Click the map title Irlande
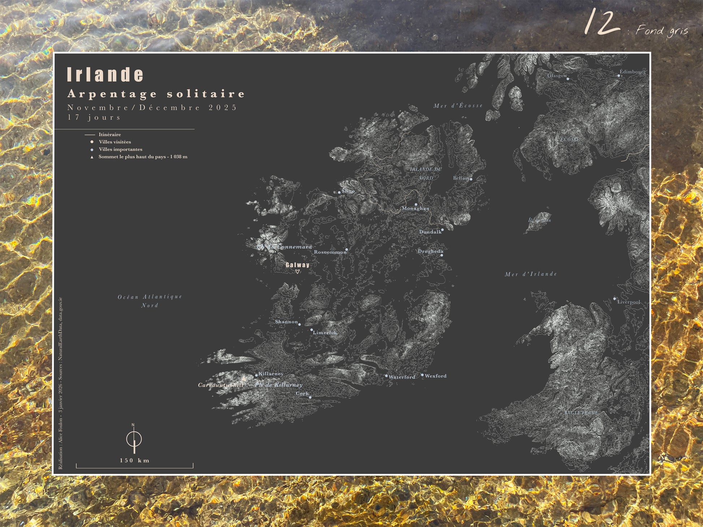(105, 74)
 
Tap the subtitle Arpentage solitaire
(156, 94)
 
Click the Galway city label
(297, 265)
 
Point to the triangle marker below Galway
(297, 272)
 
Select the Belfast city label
(461, 178)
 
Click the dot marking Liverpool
(614, 299)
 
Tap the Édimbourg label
(633, 71)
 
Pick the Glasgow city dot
(568, 79)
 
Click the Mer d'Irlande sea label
(531, 274)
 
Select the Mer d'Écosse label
(458, 105)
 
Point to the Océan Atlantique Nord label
(150, 301)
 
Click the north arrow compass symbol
(134, 439)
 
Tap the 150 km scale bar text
(135, 460)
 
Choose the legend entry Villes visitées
(115, 142)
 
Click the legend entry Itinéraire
(110, 134)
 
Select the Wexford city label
(435, 376)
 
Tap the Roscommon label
(330, 252)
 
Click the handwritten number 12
(601, 22)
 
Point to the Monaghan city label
(415, 208)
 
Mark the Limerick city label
(325, 332)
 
